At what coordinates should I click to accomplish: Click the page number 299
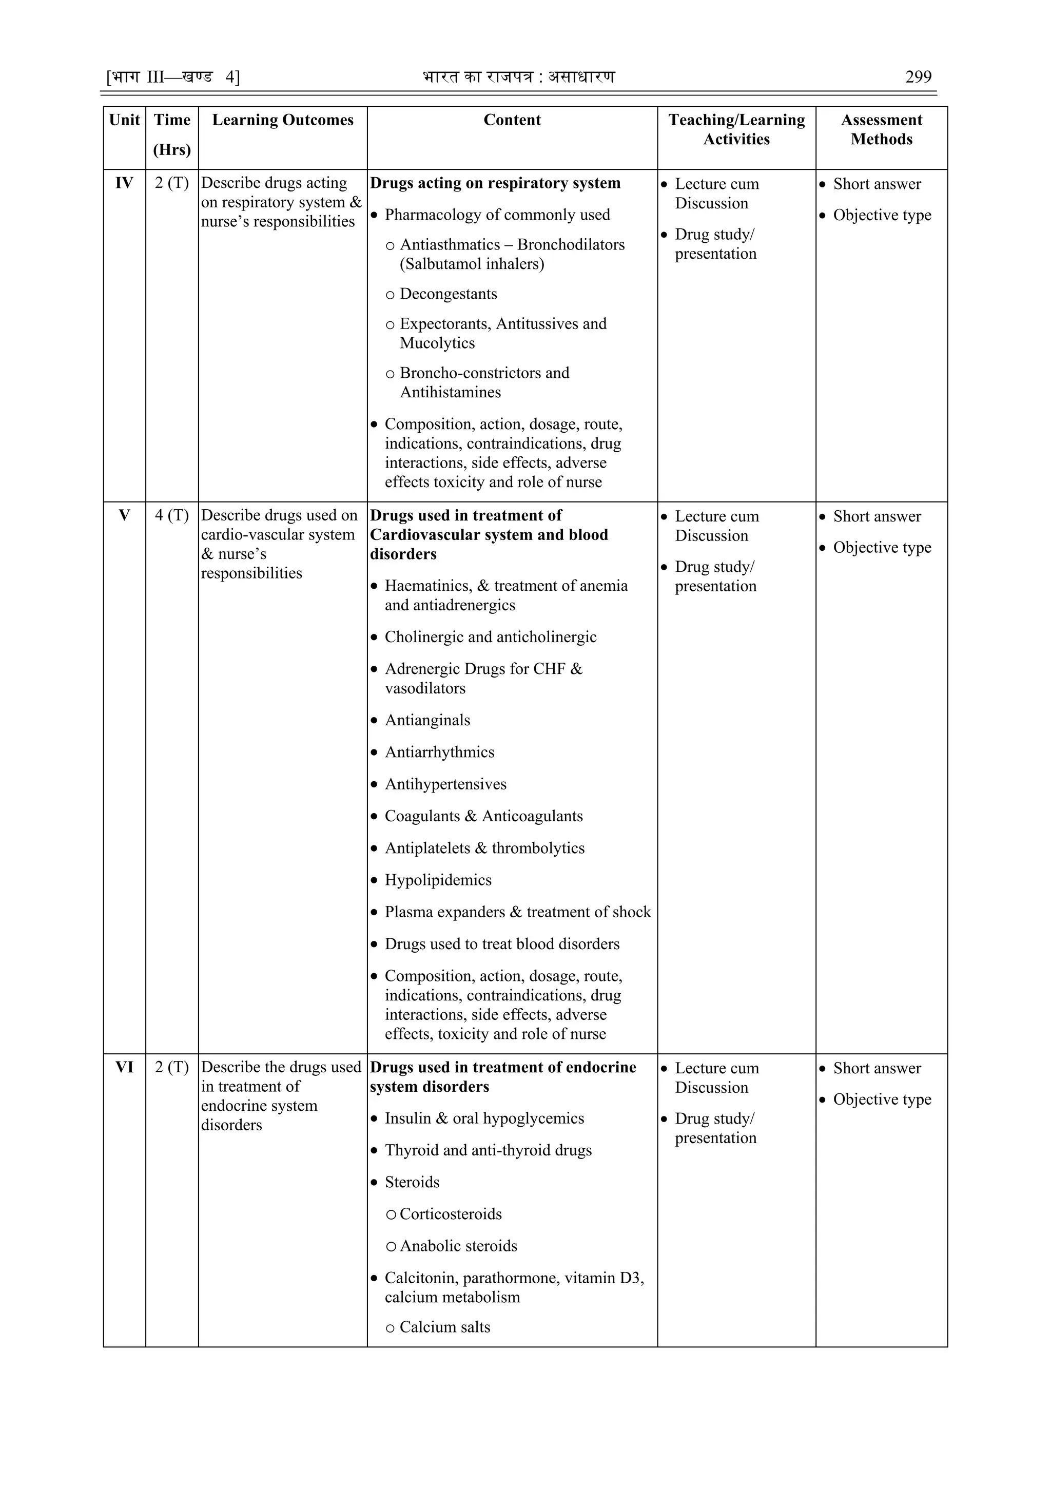(x=918, y=77)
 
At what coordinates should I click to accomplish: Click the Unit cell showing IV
(x=124, y=183)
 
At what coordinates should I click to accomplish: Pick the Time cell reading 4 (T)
(x=171, y=515)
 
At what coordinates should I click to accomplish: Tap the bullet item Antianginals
(x=427, y=720)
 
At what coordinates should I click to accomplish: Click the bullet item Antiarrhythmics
(x=439, y=752)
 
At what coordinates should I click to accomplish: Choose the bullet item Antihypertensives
(x=445, y=784)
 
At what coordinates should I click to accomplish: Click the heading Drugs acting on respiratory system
(x=495, y=183)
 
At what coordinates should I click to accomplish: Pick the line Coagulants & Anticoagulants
(x=483, y=816)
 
